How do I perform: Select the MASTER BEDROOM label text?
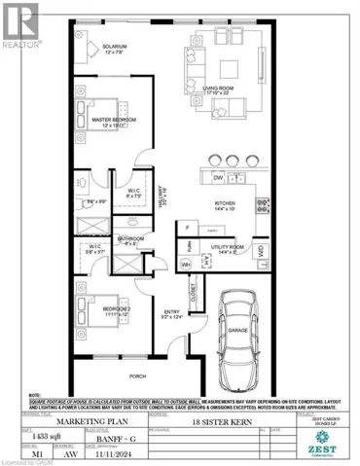click(x=114, y=120)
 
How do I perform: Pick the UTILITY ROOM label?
click(x=226, y=248)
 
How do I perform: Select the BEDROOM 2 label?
click(x=123, y=309)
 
